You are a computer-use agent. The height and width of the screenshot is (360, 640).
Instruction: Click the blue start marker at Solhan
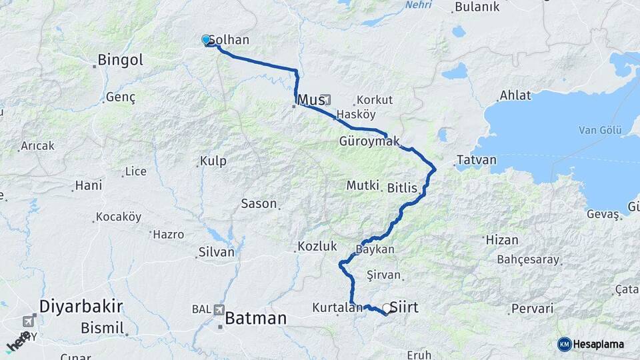click(x=206, y=40)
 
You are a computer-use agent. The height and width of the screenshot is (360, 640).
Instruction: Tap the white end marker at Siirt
click(x=386, y=309)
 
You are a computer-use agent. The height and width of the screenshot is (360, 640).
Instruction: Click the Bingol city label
click(x=120, y=60)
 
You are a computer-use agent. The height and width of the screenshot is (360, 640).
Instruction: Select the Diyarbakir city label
click(x=81, y=307)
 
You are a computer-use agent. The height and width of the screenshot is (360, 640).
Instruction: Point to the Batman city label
click(x=256, y=319)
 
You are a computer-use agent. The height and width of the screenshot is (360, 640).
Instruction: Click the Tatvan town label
click(x=477, y=161)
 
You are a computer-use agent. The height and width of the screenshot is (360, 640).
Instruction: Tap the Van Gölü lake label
click(x=600, y=129)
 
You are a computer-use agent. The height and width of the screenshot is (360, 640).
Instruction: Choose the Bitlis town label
click(x=402, y=189)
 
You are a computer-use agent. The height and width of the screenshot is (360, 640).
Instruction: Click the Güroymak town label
click(x=369, y=141)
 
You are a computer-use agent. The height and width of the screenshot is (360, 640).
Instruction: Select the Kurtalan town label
click(x=337, y=308)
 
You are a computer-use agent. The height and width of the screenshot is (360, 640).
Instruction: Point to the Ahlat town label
click(x=515, y=95)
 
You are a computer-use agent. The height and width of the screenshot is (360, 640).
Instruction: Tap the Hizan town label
click(x=502, y=239)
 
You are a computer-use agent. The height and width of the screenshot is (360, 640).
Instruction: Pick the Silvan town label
click(x=217, y=253)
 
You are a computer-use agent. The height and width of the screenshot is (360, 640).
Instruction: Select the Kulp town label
click(x=213, y=161)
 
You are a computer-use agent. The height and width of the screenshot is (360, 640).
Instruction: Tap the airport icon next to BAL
click(x=219, y=309)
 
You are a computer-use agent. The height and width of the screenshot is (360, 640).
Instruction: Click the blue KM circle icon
click(x=564, y=344)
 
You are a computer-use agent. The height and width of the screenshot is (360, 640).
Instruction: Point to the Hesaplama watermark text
click(x=599, y=345)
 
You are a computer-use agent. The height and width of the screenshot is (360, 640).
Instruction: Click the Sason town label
click(x=259, y=204)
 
